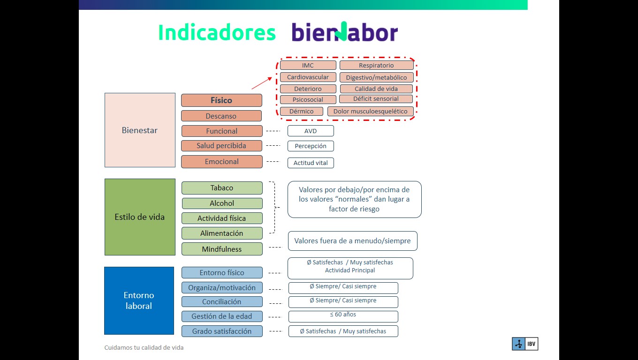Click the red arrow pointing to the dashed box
coord(262,83)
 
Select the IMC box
coord(308,65)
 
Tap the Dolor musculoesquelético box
coord(371,112)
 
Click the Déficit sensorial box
coord(376,99)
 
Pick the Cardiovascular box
coord(308,77)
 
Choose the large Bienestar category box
coord(140,130)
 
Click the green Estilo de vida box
coord(140,217)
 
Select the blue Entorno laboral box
coord(139,300)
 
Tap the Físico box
coord(221,100)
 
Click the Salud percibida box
coord(221,146)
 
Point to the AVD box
coord(311,131)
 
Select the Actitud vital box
coord(311,163)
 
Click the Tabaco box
coord(222,188)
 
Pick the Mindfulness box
coord(222,249)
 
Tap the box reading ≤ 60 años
coord(343,315)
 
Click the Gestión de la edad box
coord(222,316)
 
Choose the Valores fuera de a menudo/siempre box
coord(352,241)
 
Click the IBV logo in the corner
coord(524,344)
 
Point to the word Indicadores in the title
coord(217,33)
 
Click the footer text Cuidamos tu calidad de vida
coord(144,348)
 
